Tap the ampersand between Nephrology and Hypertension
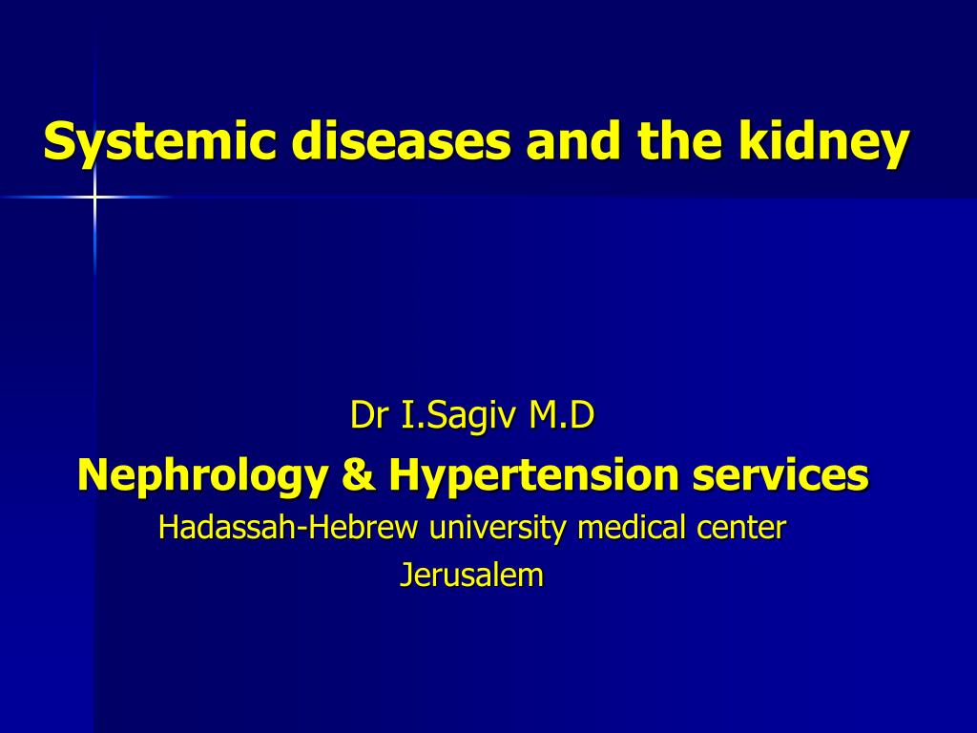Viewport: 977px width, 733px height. (356, 474)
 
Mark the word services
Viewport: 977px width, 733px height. (781, 474)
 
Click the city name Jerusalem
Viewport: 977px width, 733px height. (471, 575)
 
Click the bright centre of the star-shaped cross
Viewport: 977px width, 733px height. (94, 197)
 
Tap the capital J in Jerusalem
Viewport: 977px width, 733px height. (405, 575)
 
